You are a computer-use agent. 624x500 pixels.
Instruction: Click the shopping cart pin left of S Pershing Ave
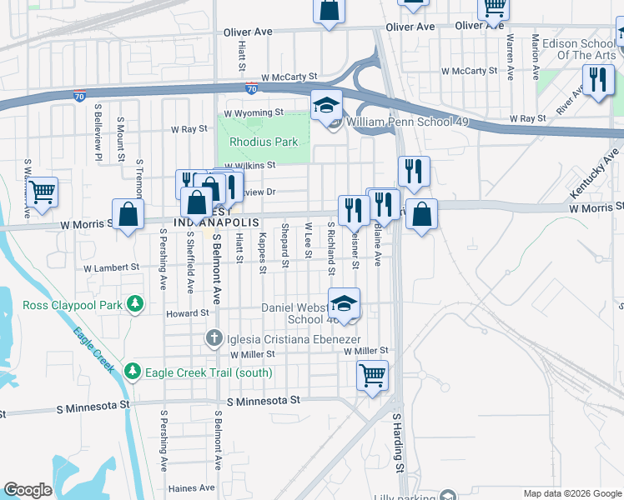[x=42, y=193]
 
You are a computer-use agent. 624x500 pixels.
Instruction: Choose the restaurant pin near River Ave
[x=597, y=81]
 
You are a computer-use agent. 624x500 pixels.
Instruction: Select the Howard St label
[x=186, y=313]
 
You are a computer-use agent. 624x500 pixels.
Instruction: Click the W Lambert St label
[x=111, y=267]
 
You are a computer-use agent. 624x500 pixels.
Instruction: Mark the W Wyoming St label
[x=254, y=112]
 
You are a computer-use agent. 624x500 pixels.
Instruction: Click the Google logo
[x=28, y=490]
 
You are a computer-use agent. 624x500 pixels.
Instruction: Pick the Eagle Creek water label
[x=93, y=348]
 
